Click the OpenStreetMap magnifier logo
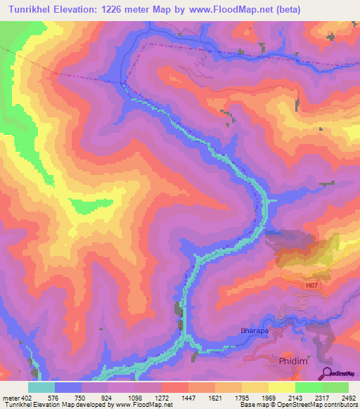(x=327, y=372)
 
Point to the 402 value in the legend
(x=28, y=398)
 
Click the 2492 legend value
(x=348, y=398)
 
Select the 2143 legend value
(x=296, y=398)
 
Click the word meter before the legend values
(x=11, y=398)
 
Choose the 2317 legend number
(x=323, y=398)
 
